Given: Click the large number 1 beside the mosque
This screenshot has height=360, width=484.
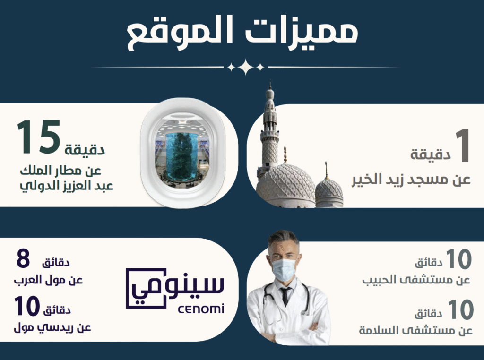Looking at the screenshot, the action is click(x=463, y=146).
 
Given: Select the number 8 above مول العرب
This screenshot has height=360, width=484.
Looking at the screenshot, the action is click(x=23, y=258).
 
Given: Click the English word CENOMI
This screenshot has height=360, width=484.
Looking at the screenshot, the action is click(x=200, y=309).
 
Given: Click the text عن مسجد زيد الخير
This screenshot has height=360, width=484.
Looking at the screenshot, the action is click(x=411, y=180).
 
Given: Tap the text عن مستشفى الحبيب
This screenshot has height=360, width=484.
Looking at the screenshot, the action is click(x=416, y=280).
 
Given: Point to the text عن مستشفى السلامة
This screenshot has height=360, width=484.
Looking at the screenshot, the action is click(x=415, y=330).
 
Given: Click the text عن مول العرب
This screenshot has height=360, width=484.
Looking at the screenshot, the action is click(x=48, y=280).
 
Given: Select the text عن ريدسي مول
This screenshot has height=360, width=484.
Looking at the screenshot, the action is click(x=52, y=327).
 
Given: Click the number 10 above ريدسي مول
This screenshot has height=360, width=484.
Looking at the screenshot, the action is click(x=27, y=306).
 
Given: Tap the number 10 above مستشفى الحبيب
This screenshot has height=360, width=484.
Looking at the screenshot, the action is click(x=458, y=259).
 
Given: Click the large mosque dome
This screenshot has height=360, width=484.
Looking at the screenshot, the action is click(x=285, y=185).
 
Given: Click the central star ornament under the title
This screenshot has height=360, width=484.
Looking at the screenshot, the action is click(x=245, y=67).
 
